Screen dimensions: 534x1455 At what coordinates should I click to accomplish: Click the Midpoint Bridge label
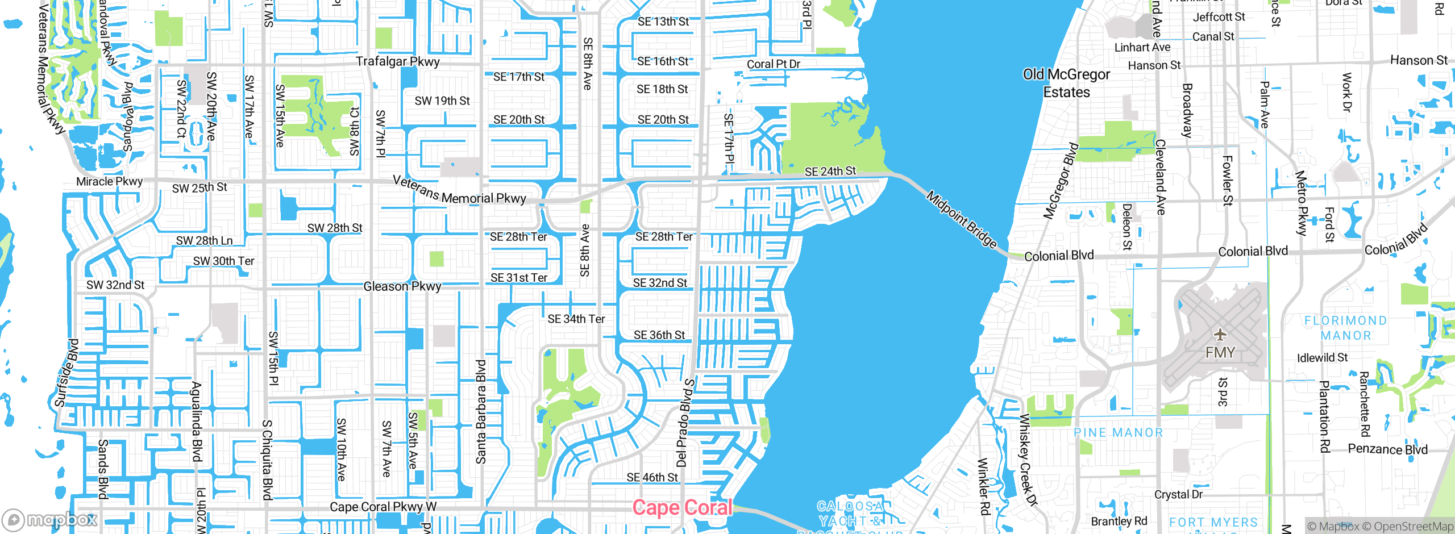tap(962, 220)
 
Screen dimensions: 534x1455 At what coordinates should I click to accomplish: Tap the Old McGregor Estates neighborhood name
tap(1066, 83)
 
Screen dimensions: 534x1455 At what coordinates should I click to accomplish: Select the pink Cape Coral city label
tap(682, 507)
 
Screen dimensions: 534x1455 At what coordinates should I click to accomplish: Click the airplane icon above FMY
tap(1220, 334)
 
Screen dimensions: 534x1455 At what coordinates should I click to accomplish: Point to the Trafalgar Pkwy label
tap(397, 61)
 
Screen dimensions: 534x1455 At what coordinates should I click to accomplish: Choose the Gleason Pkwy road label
tap(402, 286)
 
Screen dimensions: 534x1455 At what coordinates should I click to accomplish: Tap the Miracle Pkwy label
tap(109, 182)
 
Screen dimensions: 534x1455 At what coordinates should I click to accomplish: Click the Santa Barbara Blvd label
tap(481, 412)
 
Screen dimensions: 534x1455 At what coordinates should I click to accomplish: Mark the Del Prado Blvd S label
tap(685, 423)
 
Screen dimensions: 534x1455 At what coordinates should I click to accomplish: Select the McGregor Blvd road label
tap(1061, 181)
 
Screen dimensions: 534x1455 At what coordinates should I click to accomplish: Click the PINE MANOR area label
tap(1118, 433)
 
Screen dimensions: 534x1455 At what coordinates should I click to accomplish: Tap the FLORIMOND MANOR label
tap(1345, 328)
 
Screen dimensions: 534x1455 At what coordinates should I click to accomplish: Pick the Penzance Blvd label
tap(1387, 449)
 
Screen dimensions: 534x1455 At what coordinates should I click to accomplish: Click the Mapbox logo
tap(50, 519)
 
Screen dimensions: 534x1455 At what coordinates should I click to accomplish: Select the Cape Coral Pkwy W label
tap(383, 507)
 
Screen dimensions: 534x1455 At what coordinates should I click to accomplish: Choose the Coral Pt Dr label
tap(773, 64)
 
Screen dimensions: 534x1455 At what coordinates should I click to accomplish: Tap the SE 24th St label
tap(830, 171)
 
